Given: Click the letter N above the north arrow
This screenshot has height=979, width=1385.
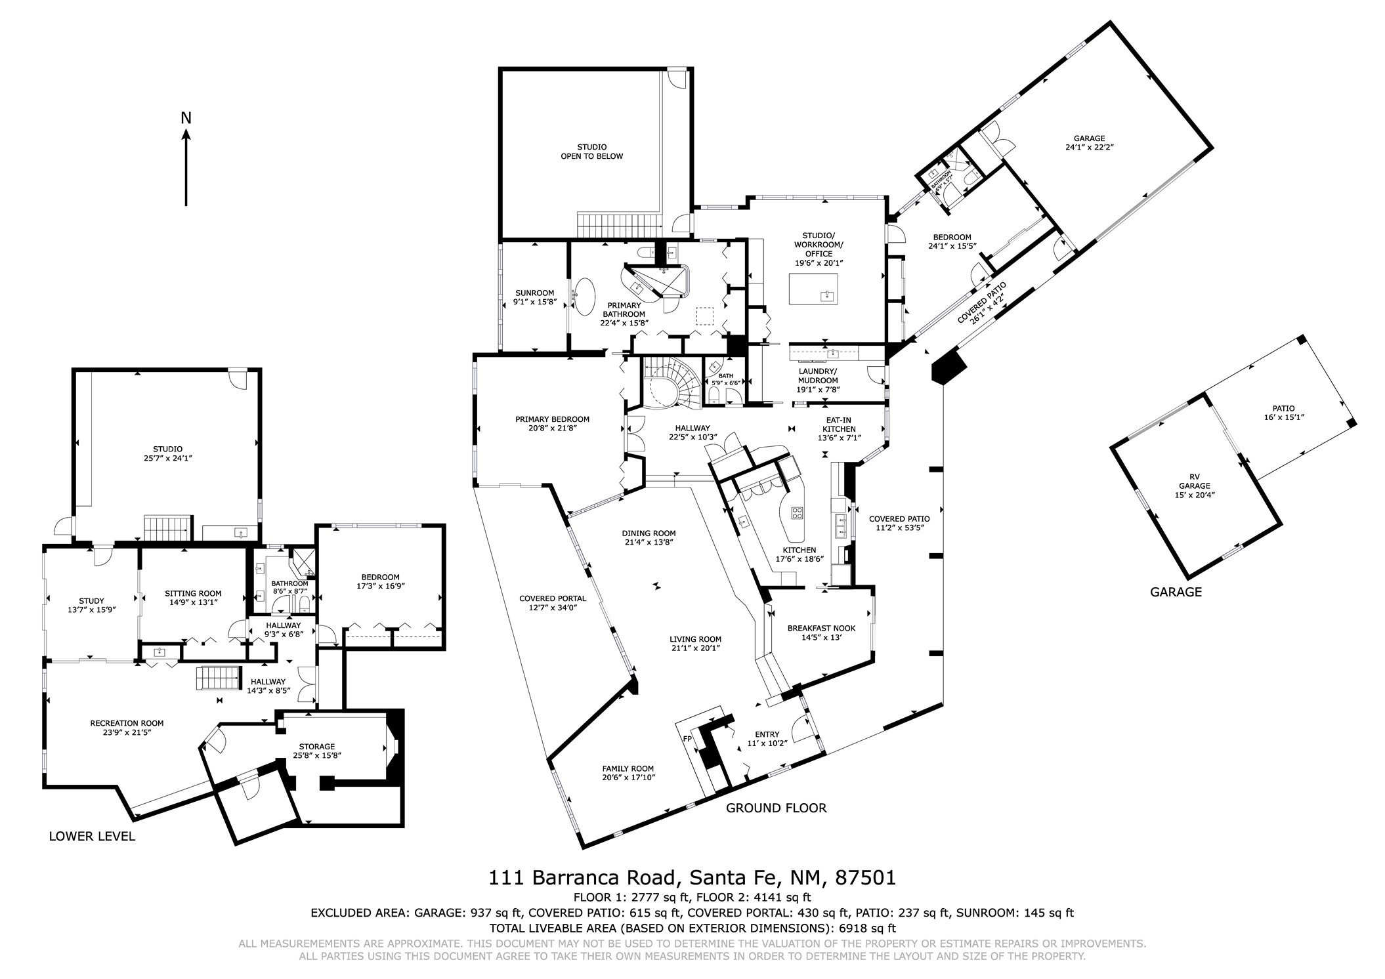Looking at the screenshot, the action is click(x=186, y=118).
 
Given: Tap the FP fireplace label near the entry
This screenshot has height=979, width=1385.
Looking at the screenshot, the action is click(x=687, y=739).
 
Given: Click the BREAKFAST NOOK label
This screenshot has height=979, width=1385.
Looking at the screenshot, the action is click(x=821, y=628).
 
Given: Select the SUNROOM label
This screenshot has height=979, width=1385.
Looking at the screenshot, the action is click(x=535, y=293).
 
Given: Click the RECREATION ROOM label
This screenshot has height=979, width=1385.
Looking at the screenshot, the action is click(x=127, y=723).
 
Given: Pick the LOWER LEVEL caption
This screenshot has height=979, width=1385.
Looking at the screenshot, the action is click(x=92, y=836).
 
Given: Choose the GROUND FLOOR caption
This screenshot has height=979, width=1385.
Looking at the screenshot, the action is click(x=776, y=808).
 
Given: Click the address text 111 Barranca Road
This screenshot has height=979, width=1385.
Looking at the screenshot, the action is click(x=582, y=877).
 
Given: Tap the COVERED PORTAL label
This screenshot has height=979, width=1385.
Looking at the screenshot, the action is click(x=553, y=598).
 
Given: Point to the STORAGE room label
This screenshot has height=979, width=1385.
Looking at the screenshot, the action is click(x=317, y=746).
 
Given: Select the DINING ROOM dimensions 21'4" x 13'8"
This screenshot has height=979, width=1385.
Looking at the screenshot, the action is click(x=649, y=542).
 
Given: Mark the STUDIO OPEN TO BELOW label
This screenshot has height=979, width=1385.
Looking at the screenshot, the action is click(x=591, y=152).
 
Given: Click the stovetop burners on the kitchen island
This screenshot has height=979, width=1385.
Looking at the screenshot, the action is click(x=798, y=513).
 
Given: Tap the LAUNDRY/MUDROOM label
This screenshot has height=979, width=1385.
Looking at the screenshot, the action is click(x=818, y=375).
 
